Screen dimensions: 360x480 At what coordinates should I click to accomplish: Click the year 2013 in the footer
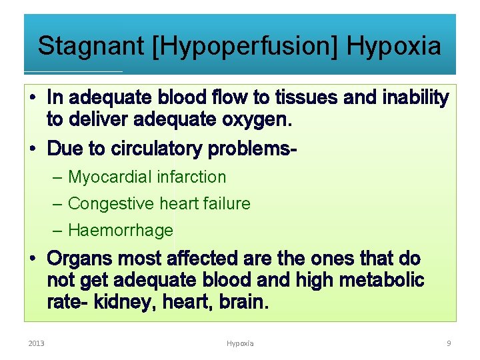tap(36, 343)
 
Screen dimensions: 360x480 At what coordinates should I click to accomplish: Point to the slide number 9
tap(449, 343)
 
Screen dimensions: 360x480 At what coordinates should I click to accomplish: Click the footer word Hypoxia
tap(240, 343)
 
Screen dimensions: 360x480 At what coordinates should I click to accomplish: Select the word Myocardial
tap(111, 177)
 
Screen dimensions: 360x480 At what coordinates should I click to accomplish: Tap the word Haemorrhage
tap(121, 231)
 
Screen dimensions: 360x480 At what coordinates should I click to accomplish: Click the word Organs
tap(81, 258)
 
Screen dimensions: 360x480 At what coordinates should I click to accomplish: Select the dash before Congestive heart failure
tap(58, 203)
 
